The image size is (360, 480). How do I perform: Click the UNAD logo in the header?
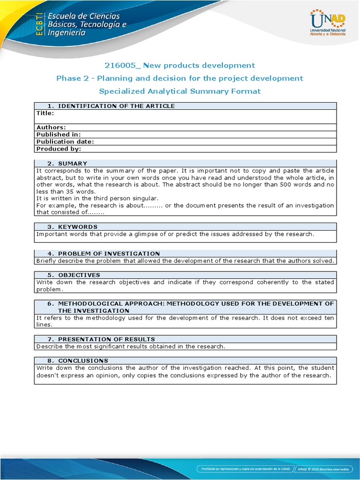(x=328, y=23)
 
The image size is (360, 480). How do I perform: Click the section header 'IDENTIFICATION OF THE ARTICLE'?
(x=116, y=106)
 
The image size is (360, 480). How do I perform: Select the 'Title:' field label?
(x=45, y=113)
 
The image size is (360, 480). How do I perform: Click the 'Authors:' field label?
(x=51, y=127)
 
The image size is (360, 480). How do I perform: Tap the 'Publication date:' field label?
(x=65, y=142)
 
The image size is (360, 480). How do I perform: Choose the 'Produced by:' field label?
(x=59, y=149)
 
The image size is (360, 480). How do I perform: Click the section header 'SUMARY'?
(x=73, y=164)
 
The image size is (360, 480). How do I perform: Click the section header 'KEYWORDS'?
(x=78, y=227)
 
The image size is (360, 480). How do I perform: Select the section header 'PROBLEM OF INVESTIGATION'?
(x=109, y=254)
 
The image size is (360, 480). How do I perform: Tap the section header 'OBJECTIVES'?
(x=79, y=275)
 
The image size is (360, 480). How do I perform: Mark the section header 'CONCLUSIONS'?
(x=83, y=361)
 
